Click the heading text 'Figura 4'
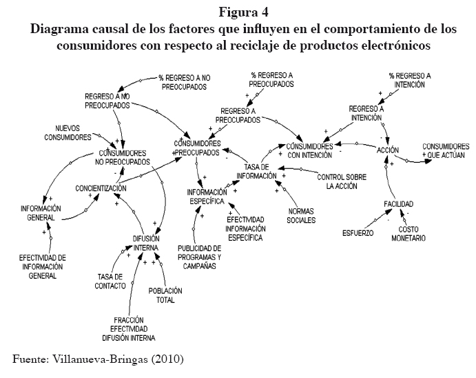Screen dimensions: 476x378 (238, 11)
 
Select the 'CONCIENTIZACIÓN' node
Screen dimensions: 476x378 (101, 188)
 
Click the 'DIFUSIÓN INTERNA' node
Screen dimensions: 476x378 (146, 242)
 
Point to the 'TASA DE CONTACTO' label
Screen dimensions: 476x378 (111, 281)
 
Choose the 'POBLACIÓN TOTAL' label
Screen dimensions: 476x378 (165, 295)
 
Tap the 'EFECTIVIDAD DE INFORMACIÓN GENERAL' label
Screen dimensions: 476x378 (42, 266)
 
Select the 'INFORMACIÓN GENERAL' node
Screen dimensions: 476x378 (41, 212)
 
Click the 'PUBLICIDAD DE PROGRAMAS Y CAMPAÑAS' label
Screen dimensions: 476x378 (199, 257)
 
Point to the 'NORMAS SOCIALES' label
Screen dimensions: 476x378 (302, 216)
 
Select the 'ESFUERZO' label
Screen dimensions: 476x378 (358, 232)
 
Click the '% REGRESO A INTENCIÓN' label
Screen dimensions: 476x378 (410, 81)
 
